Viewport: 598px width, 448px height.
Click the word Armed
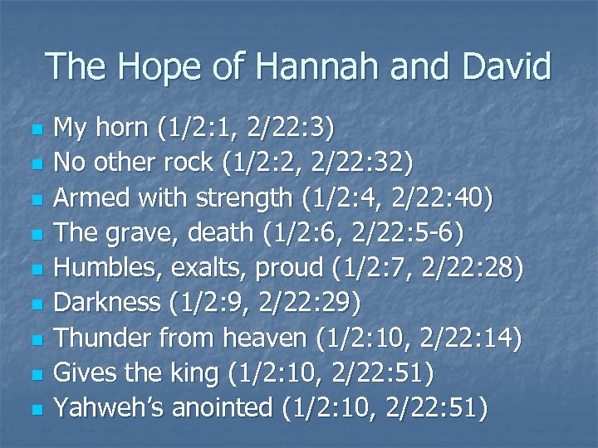point(90,198)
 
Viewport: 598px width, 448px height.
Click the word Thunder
point(102,338)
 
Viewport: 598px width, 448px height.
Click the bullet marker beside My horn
point(34,130)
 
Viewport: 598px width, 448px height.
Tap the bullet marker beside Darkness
point(34,304)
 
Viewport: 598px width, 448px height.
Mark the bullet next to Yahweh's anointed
point(34,409)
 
